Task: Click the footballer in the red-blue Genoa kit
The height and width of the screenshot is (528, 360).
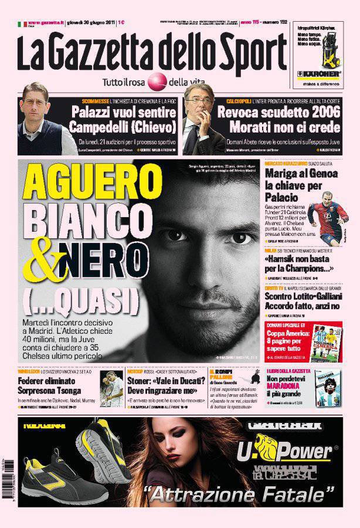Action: (x=330, y=223)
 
